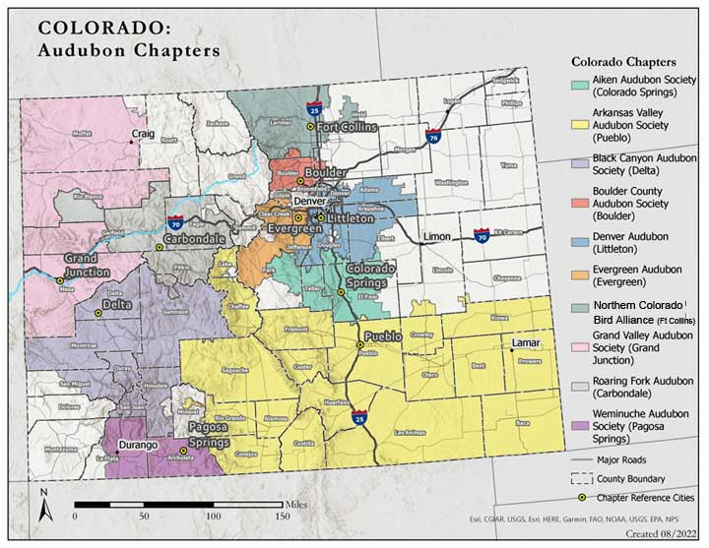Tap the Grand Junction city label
[x=88, y=264]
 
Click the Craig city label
[x=144, y=134]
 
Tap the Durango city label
[x=138, y=446]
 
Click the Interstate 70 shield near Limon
[x=481, y=237]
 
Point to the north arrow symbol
[x=44, y=507]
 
